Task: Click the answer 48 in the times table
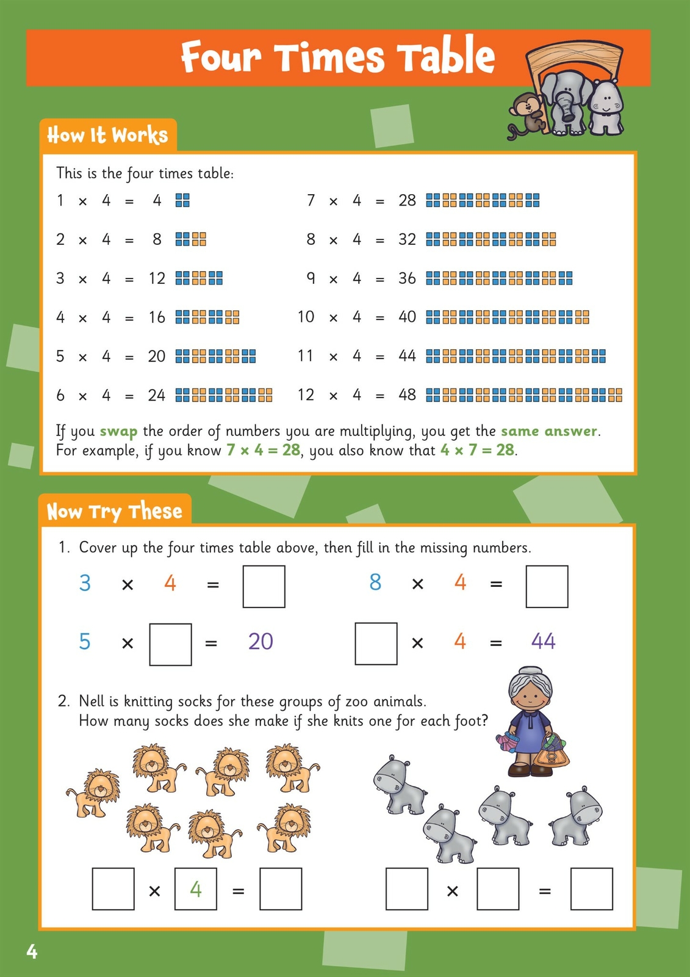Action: coord(407,395)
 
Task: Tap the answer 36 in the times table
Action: coord(407,278)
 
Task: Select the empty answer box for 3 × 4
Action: coord(264,586)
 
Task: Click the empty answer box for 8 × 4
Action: coord(547,586)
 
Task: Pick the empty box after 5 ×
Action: coord(170,644)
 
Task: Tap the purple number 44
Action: coord(543,641)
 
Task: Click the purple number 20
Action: coord(261,642)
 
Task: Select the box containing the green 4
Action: coord(195,889)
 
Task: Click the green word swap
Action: coord(118,432)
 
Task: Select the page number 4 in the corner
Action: coord(32,951)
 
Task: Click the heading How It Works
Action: coord(107,135)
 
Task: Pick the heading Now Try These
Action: coord(115,511)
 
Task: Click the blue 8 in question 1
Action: coord(375,583)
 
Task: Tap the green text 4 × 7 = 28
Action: coord(477,451)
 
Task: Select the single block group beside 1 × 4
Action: coord(182,200)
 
